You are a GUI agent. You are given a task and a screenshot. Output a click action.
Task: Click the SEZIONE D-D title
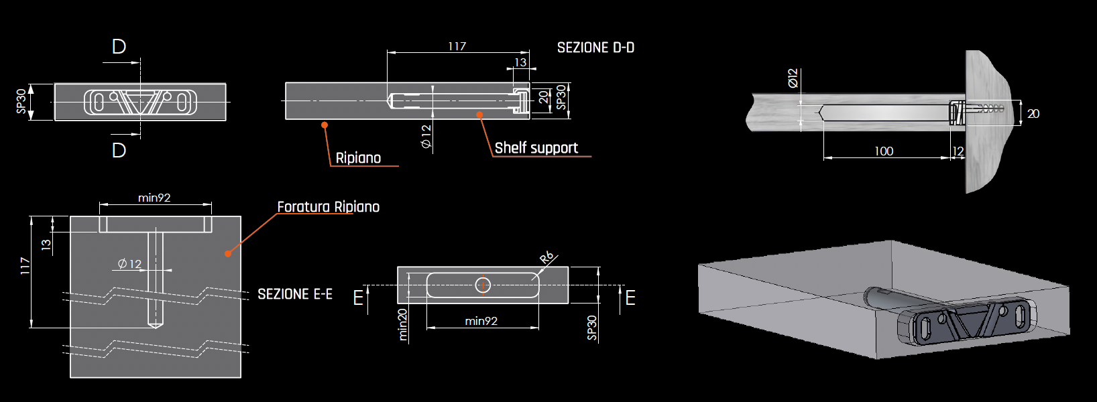point(595,48)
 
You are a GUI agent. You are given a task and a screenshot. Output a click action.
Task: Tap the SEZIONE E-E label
point(295,294)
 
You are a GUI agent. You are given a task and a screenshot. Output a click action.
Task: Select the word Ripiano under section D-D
point(358,158)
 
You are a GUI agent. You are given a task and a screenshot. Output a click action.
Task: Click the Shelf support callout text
point(536,147)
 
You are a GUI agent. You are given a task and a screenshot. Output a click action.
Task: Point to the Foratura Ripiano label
point(328,207)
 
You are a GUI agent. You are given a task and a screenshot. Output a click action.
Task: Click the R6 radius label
point(546,257)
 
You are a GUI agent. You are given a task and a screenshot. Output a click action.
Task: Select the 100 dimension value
point(884,151)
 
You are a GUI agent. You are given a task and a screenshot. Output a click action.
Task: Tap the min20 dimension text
point(402,325)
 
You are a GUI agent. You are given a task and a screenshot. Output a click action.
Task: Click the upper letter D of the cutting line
point(119,47)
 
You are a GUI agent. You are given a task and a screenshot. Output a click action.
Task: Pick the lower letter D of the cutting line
point(119,150)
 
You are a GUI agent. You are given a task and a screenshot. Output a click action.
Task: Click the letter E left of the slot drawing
point(358,297)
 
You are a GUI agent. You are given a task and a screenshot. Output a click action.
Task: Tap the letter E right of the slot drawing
point(630,297)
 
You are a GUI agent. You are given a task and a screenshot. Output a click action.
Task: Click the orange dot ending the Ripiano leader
point(324,125)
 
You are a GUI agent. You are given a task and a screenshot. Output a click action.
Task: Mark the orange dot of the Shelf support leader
point(479,115)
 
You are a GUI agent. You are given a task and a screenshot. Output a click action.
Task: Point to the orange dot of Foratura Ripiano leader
point(228,253)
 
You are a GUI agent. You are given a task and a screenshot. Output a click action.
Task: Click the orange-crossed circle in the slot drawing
point(483,285)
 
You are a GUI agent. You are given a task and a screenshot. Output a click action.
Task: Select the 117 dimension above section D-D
point(457,46)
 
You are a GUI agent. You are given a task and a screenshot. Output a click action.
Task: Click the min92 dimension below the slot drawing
point(481,321)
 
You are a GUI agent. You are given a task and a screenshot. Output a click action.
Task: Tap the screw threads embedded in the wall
point(985,108)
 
